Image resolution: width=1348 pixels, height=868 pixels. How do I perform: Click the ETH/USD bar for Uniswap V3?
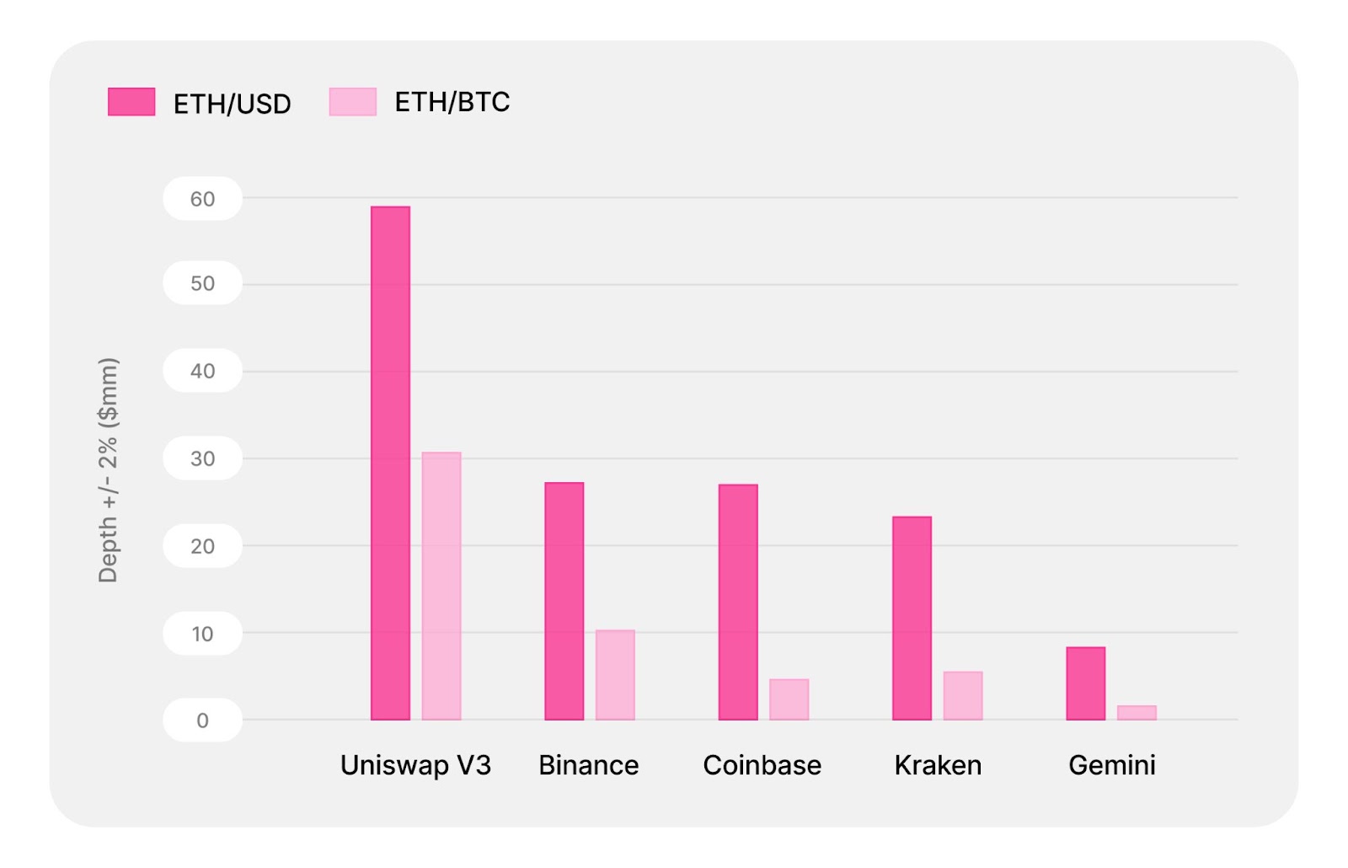click(x=390, y=463)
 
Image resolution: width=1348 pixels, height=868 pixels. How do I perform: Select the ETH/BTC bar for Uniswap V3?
click(x=441, y=586)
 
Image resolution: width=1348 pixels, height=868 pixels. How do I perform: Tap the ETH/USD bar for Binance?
click(x=564, y=601)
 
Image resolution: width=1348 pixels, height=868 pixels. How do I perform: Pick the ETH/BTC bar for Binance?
click(x=615, y=675)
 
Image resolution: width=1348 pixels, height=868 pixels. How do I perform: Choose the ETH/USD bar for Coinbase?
click(x=738, y=602)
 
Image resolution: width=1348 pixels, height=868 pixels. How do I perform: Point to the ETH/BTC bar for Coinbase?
click(x=789, y=699)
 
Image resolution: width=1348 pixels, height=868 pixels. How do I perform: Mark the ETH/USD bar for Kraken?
click(x=912, y=618)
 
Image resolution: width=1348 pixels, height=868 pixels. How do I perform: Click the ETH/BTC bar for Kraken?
click(x=963, y=695)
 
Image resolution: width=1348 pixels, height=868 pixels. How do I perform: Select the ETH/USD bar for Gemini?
click(x=1085, y=683)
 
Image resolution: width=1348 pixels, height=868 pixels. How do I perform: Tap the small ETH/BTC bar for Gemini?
click(x=1137, y=713)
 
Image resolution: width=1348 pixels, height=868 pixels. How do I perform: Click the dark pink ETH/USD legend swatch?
click(x=131, y=102)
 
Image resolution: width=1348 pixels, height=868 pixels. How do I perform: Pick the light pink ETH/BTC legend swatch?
click(x=352, y=102)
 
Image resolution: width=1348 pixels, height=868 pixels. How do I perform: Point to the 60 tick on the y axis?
click(x=202, y=199)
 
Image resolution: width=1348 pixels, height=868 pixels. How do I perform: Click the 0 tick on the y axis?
click(x=202, y=721)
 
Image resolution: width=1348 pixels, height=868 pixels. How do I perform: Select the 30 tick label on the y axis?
click(x=202, y=458)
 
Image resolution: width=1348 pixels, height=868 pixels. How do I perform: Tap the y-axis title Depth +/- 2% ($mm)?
click(x=108, y=469)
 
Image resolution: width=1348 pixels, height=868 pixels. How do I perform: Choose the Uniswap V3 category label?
click(x=415, y=765)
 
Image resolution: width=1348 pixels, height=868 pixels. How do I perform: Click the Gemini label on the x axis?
click(x=1111, y=765)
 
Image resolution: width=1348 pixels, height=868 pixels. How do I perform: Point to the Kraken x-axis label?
click(x=938, y=765)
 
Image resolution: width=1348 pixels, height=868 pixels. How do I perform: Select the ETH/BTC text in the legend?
click(x=452, y=102)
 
